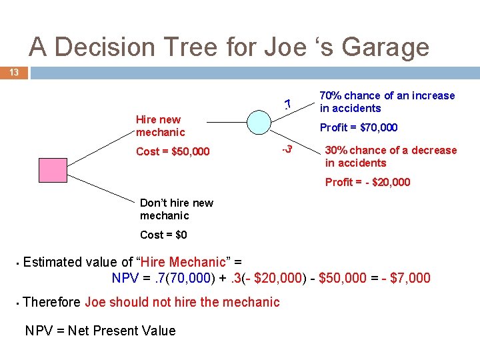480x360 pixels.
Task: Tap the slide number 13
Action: (13, 72)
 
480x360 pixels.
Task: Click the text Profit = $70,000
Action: (359, 127)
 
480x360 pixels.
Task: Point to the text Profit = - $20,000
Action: (367, 182)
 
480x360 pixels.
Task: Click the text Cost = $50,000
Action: (173, 151)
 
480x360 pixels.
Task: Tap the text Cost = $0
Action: (163, 235)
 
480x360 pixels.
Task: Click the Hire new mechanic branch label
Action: (160, 126)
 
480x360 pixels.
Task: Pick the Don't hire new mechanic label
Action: (177, 209)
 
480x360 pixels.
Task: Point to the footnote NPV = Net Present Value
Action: (100, 331)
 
